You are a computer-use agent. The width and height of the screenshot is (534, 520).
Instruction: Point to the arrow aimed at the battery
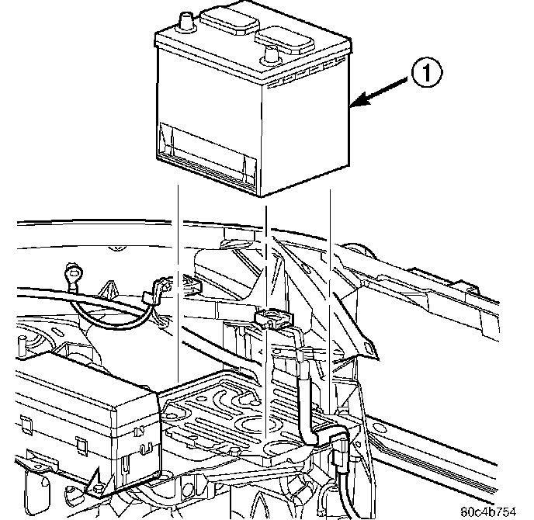coord(380,92)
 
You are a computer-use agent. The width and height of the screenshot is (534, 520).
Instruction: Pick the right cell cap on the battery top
coord(287,36)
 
